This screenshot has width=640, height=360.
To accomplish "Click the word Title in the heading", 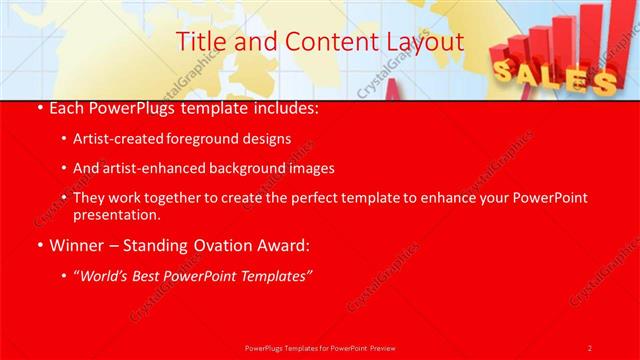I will (199, 42).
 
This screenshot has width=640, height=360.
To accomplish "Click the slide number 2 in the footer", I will (590, 347).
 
